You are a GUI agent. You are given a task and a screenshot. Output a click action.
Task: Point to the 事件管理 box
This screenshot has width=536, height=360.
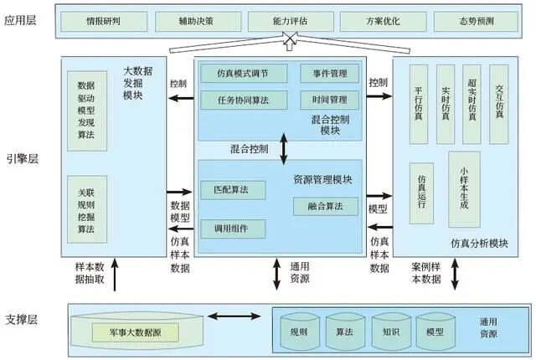(x=329, y=74)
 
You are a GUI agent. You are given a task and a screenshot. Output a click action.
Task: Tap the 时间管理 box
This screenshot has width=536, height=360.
(x=329, y=100)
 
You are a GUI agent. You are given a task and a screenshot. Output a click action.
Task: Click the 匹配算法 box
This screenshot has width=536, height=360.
(x=232, y=190)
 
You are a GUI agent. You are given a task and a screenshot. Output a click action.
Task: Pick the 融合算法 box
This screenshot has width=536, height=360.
(x=326, y=206)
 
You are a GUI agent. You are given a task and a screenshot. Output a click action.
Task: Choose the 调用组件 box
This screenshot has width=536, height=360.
(x=232, y=227)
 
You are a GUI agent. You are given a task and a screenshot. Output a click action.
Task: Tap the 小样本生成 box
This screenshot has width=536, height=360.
(x=464, y=189)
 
